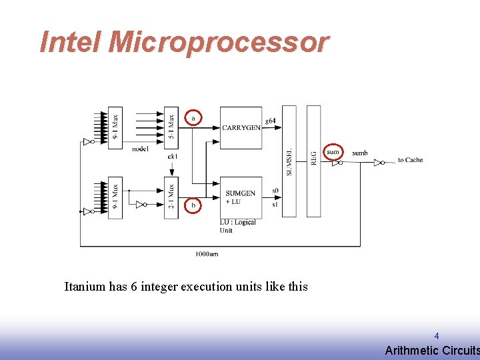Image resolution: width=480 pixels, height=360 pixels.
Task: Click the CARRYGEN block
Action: point(241,127)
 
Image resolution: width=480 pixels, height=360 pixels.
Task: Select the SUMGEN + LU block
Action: point(241,197)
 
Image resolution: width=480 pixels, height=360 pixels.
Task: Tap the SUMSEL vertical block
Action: point(289,161)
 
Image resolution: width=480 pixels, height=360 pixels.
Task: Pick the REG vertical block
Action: point(313,161)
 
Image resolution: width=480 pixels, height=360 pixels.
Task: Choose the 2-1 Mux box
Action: point(171,197)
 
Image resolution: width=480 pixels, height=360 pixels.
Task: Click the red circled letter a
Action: point(193,117)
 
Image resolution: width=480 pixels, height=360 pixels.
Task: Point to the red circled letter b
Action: point(193,206)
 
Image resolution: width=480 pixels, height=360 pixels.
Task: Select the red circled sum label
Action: point(333,152)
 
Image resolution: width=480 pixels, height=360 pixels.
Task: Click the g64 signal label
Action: point(270,121)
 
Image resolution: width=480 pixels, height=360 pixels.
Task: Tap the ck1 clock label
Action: point(172,157)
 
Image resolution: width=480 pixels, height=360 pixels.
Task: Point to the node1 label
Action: point(140,149)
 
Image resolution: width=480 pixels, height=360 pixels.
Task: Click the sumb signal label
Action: point(360,153)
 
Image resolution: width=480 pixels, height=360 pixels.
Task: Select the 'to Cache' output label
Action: point(410,160)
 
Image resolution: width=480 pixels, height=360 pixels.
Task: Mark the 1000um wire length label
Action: point(207,253)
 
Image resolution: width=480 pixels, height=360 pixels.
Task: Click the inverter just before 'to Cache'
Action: point(379,162)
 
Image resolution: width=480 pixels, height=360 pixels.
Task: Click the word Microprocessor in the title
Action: point(219,42)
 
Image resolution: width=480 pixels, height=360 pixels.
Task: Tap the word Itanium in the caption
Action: point(85,287)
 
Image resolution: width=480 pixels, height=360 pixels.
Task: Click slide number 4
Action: point(437,336)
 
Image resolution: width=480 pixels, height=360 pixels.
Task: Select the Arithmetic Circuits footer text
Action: point(432,351)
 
